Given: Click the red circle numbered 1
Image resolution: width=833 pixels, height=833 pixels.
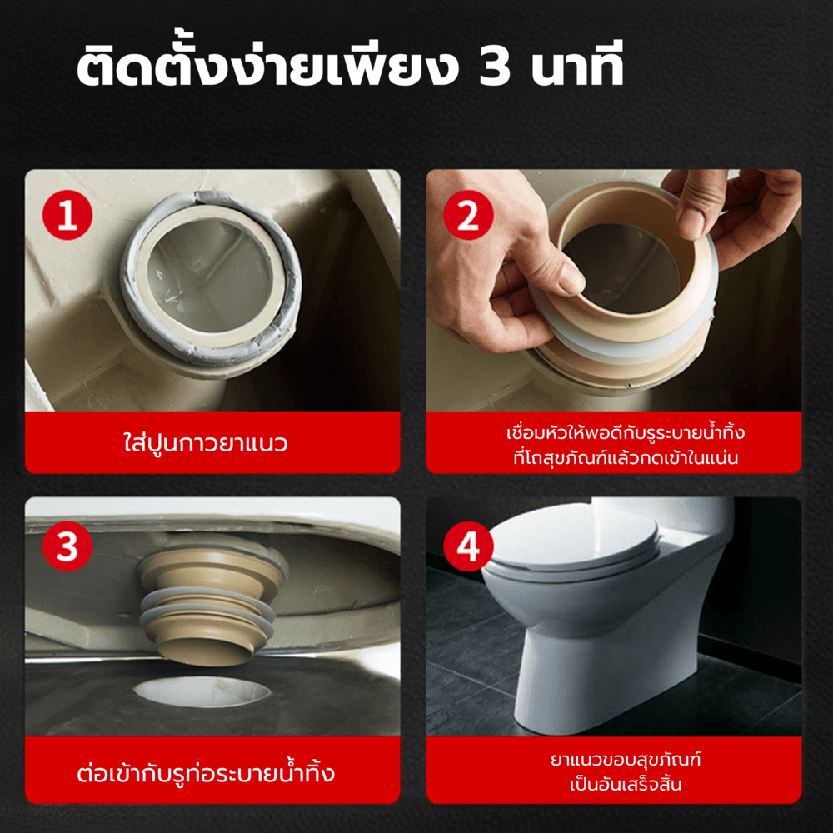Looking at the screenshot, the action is coord(67,215).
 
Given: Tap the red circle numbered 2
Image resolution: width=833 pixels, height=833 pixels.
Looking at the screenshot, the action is coord(468,215).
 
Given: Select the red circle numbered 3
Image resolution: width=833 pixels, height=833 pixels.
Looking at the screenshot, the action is coord(67,546).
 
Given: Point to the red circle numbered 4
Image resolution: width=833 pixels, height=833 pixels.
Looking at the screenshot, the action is coord(468,546).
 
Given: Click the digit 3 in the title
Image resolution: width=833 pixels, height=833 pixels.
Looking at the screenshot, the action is coord(495,67).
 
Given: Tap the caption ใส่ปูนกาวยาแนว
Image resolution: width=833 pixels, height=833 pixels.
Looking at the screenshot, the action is coord(206,442).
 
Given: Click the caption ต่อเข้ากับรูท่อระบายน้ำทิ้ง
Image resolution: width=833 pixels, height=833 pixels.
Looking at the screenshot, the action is coord(206,772).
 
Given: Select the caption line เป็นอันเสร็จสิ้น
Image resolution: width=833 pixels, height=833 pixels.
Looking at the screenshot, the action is coord(626,784).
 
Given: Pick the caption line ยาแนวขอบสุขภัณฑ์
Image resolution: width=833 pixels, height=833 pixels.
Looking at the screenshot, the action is coord(626,759).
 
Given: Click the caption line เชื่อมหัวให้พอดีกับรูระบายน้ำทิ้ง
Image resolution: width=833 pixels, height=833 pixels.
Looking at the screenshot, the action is coord(626,432).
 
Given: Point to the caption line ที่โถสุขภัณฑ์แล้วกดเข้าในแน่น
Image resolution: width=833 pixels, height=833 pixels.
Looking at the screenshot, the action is coord(626,457).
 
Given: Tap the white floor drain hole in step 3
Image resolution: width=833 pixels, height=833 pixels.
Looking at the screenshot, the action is coord(202,691).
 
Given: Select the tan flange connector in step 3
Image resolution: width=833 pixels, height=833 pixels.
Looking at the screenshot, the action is coord(210,606).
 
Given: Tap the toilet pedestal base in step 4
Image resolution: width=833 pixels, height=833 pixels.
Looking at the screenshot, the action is coord(568,686).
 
